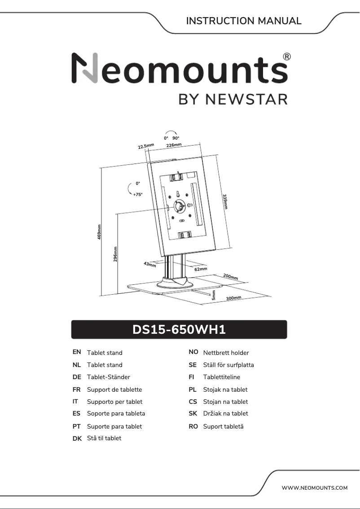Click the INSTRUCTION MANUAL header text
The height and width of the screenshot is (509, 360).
pyautogui.click(x=243, y=21)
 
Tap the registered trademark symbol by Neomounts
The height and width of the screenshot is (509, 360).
pyautogui.click(x=287, y=57)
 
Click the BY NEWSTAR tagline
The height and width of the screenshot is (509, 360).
pyautogui.click(x=233, y=99)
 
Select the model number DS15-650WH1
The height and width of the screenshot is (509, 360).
pyautogui.click(x=179, y=330)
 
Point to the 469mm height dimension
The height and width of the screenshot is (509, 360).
pyautogui.click(x=99, y=231)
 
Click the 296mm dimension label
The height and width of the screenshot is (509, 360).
pyautogui.click(x=115, y=254)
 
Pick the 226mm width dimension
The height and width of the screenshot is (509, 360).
pyautogui.click(x=174, y=145)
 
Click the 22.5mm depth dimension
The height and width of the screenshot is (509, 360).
pyautogui.click(x=146, y=146)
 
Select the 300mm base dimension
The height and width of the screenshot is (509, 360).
pyautogui.click(x=233, y=298)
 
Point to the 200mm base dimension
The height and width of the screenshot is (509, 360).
pyautogui.click(x=230, y=277)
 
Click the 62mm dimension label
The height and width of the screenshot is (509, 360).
pyautogui.click(x=201, y=269)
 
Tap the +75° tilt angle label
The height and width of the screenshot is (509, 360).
pyautogui.click(x=137, y=195)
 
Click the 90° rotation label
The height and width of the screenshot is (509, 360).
pyautogui.click(x=176, y=138)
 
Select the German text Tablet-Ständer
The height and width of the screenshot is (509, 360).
pyautogui.click(x=108, y=377)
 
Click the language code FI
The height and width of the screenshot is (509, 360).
pyautogui.click(x=192, y=377)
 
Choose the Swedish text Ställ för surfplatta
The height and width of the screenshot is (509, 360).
pyautogui.click(x=228, y=365)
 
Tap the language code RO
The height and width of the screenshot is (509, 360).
pyautogui.click(x=193, y=426)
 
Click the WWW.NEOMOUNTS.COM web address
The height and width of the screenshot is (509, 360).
pyautogui.click(x=314, y=488)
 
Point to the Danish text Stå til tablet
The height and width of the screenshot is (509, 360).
pyautogui.click(x=104, y=438)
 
